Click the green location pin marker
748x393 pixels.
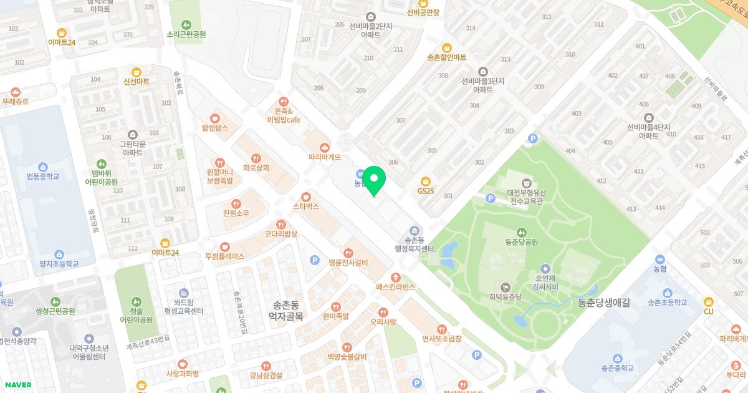tap(374, 181)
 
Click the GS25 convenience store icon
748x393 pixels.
tap(426, 180)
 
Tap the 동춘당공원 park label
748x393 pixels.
tap(522, 241)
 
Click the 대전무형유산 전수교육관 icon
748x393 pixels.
tap(527, 183)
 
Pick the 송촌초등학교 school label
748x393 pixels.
tap(667, 303)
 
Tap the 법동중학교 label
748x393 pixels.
tap(42, 177)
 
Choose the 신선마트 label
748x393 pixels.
tap(137, 82)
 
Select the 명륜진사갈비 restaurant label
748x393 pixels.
tap(348, 262)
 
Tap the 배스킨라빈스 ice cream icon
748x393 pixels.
tap(395, 277)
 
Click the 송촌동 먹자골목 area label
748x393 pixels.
tap(285, 311)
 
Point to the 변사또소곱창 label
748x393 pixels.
tap(441, 338)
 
